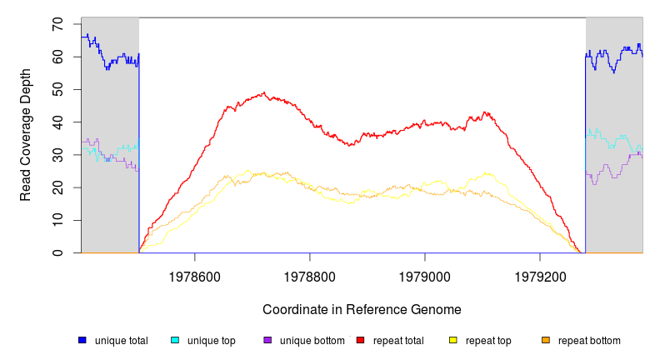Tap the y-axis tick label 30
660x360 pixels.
pos(57,155)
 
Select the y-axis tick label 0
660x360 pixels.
pos(57,252)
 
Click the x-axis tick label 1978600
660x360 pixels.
pos(195,273)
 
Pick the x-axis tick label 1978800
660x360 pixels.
pos(310,273)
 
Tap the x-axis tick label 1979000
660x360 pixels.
pos(425,273)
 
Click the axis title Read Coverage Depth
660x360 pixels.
pos(26,135)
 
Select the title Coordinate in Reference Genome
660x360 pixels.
pos(362,309)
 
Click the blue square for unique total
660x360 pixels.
pos(82,340)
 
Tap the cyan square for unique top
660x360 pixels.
pos(175,340)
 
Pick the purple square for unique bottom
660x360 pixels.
pos(267,340)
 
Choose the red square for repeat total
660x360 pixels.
pos(360,340)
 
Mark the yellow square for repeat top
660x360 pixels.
pos(453,340)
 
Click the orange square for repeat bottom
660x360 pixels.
pos(546,340)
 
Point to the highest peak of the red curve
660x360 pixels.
pos(264,93)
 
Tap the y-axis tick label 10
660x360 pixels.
pos(57,220)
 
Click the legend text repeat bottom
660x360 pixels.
pos(589,340)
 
